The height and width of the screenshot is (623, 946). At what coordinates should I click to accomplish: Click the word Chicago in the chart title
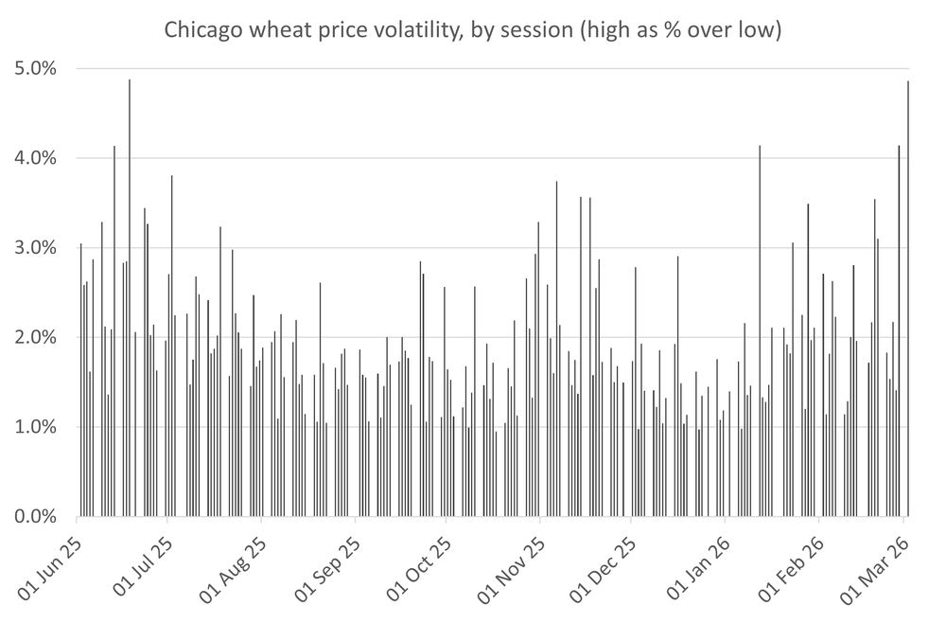201,30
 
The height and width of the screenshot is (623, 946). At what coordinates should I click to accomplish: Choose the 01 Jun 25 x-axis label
52,566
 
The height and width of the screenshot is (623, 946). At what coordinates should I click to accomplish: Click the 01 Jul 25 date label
144,566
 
